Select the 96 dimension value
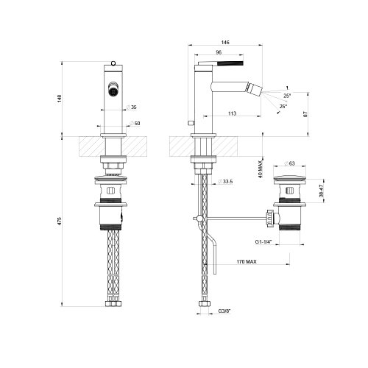pos(218,53)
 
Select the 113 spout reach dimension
pos(232,113)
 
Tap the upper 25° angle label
pos(287,95)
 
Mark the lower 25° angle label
pos(283,107)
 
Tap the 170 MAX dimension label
pos(247,261)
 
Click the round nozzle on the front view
pos(113,92)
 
